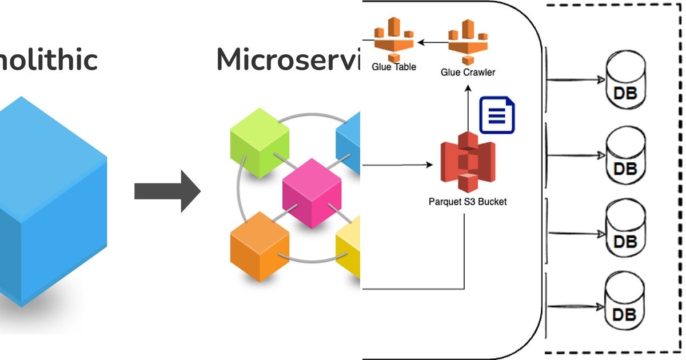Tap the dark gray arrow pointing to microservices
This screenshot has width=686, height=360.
pos(167,191)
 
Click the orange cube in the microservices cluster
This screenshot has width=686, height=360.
pos(259,246)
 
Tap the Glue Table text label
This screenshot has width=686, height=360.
pos(394,67)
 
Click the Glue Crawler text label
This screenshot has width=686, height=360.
pos(468,73)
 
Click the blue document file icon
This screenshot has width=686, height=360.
pos(497,115)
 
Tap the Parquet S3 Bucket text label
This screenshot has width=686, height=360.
pos(467,202)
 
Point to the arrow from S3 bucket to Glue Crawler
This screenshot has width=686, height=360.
pos(468,109)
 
